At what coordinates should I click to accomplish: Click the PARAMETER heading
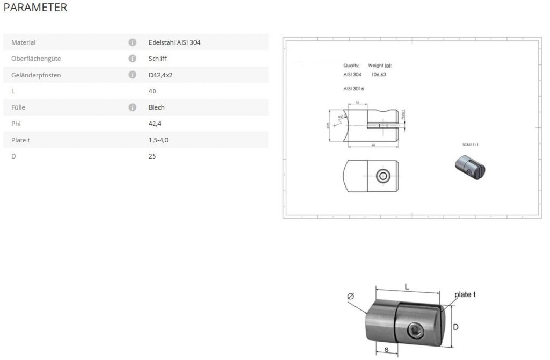35,8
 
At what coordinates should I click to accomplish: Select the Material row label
23,42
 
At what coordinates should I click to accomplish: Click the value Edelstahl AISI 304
175,42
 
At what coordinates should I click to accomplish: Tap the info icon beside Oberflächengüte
132,59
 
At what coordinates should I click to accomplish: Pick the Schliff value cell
157,59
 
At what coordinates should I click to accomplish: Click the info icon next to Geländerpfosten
132,75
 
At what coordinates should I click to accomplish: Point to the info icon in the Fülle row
132,107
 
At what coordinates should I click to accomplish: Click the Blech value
156,107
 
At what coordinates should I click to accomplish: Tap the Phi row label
16,124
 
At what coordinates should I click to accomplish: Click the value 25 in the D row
152,156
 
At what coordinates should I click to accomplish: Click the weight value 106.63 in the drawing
379,75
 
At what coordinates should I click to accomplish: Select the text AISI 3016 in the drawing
353,88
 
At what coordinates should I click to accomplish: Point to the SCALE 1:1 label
471,145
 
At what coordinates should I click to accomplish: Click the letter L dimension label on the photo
407,287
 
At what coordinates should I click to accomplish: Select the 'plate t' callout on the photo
465,294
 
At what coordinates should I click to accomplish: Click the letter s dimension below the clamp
386,350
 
